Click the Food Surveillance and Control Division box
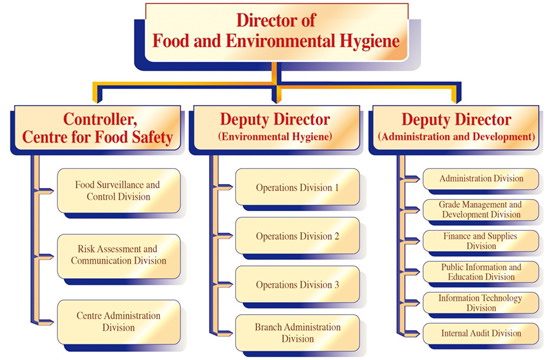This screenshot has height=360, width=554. click(x=119, y=191)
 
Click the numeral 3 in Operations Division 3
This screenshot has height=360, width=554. click(x=338, y=285)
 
